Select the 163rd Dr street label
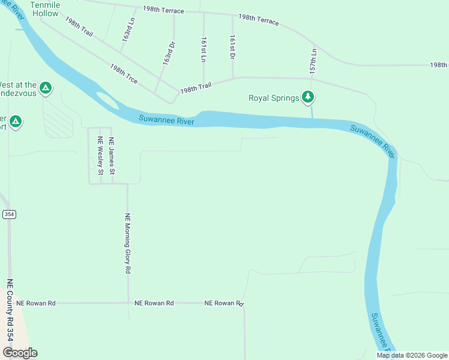(x=170, y=53)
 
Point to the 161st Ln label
(x=204, y=50)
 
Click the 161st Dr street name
(x=232, y=47)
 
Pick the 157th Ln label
(x=313, y=61)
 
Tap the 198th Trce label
(x=124, y=74)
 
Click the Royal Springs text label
(x=274, y=98)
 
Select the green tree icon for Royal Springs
(x=308, y=97)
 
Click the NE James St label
(x=112, y=157)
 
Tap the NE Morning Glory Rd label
(x=128, y=244)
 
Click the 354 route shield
(x=8, y=214)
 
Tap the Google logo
(x=20, y=352)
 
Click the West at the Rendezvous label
(x=18, y=89)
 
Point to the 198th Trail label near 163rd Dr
(x=196, y=88)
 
